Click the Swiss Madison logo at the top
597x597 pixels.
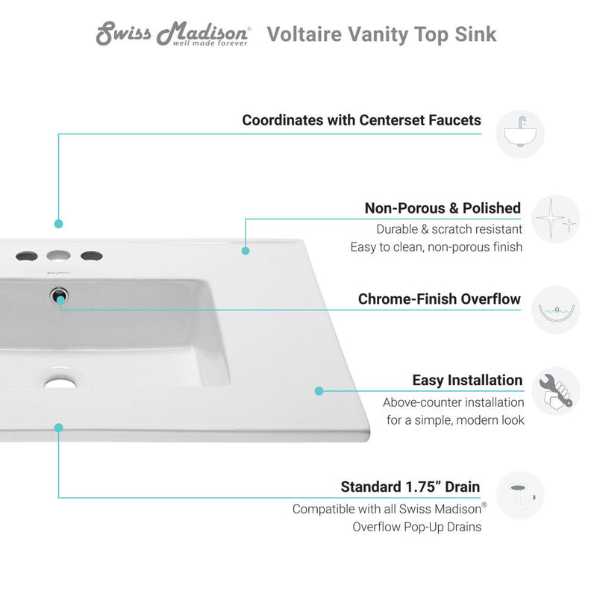[172, 34]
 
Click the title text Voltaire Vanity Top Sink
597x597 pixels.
[381, 34]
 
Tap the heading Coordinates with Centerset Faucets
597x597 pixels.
[361, 120]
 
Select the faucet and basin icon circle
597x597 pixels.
[520, 134]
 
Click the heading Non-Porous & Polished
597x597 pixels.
[443, 208]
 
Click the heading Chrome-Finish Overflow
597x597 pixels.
[439, 299]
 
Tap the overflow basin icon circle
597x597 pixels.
[555, 310]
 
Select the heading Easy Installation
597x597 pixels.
[467, 381]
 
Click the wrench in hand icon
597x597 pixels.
[555, 391]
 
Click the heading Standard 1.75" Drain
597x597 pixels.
[410, 487]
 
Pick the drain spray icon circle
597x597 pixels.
[520, 496]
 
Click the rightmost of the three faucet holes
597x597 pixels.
[91, 255]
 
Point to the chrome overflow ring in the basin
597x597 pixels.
[59, 296]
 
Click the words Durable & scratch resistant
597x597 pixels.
[449, 229]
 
